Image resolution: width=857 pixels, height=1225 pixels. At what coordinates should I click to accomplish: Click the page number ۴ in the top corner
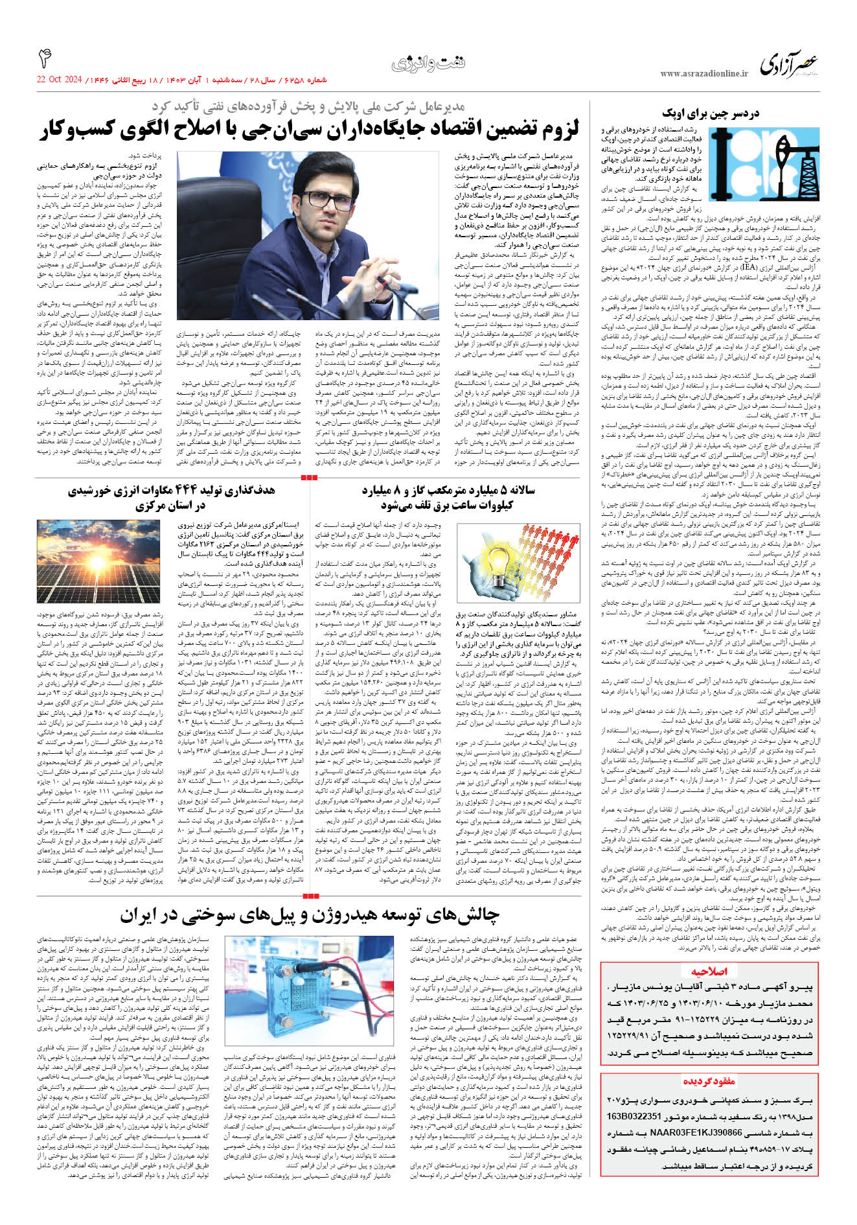tap(45, 58)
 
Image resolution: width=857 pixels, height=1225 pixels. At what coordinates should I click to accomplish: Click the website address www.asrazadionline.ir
tap(704, 74)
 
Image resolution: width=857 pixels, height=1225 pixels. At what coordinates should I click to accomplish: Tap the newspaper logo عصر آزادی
tap(789, 64)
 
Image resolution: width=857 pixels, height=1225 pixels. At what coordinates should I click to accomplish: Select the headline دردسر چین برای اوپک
tap(711, 113)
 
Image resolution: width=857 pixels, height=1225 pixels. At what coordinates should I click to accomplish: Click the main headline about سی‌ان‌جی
tap(310, 130)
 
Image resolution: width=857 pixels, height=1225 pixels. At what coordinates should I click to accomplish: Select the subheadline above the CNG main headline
tap(308, 106)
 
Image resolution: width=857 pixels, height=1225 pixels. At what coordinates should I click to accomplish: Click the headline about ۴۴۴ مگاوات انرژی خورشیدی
tap(171, 497)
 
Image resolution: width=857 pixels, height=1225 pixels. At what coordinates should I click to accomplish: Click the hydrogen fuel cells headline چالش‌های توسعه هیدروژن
tap(310, 915)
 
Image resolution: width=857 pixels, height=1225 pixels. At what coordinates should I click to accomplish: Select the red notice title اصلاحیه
tap(709, 971)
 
